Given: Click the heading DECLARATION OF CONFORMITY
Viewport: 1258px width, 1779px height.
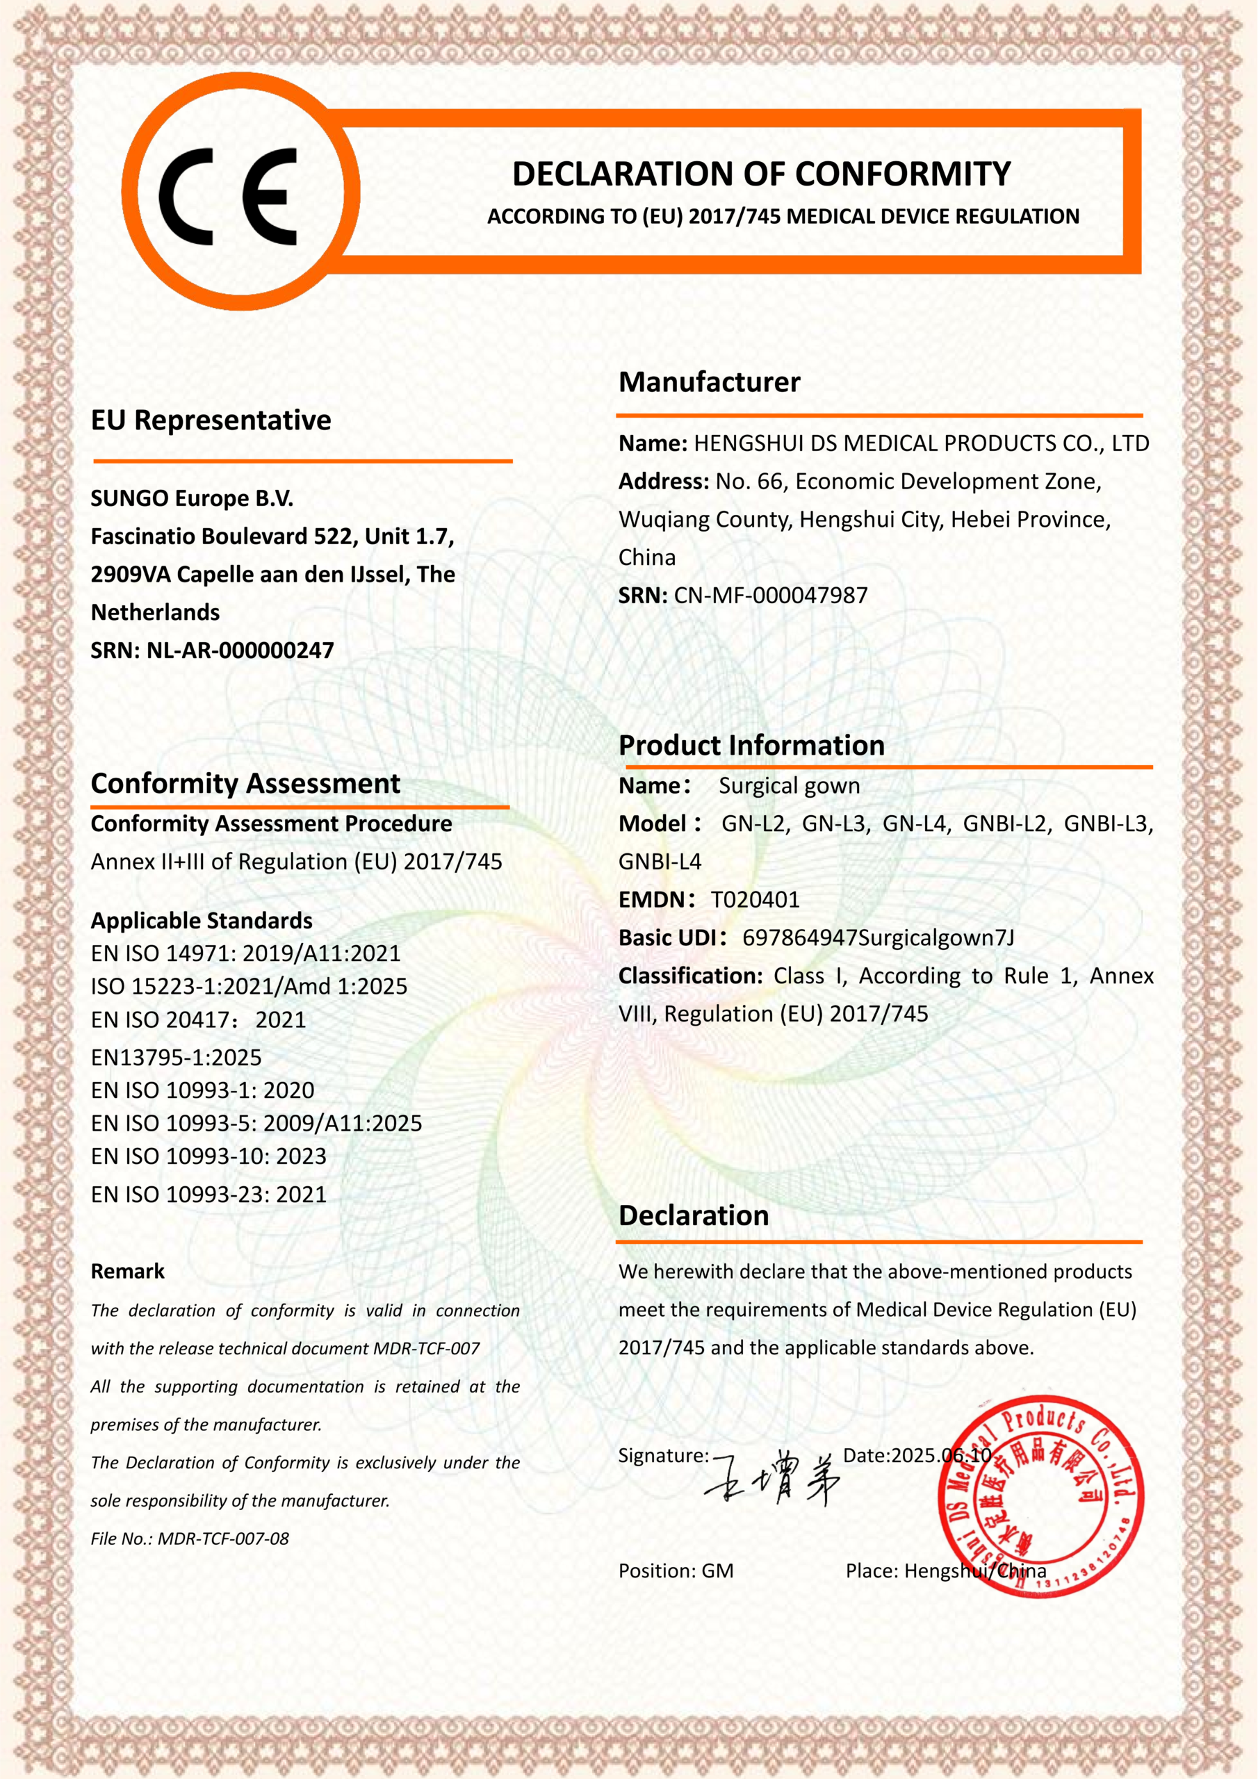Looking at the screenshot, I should [x=761, y=174].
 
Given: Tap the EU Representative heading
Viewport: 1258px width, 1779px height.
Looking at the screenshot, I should [x=211, y=420].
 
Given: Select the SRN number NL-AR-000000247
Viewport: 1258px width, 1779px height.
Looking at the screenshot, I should [x=240, y=650].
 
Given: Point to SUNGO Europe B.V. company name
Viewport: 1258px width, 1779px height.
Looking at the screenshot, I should [x=193, y=498].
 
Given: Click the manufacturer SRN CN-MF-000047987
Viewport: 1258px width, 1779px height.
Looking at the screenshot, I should [x=771, y=595].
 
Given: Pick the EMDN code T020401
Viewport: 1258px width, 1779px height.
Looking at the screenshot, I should [x=755, y=899].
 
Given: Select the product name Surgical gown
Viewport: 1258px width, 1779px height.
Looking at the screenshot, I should [x=789, y=786].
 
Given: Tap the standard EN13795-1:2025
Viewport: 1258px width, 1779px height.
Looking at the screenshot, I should [x=176, y=1057].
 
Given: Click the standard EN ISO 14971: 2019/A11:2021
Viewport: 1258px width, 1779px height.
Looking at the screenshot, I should [x=246, y=953].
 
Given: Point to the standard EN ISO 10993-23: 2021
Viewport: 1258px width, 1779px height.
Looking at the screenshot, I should [x=209, y=1194].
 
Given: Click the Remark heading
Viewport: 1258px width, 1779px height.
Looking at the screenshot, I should [x=128, y=1271].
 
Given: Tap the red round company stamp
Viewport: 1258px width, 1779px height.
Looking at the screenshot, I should [x=1040, y=1495].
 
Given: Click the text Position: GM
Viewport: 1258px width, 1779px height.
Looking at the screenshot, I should [x=676, y=1571].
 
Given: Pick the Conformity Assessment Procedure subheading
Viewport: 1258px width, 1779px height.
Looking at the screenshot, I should [x=271, y=823].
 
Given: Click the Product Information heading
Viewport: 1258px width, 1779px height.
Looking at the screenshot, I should [x=751, y=746].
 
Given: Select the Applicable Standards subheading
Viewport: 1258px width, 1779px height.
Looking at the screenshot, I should [x=202, y=921].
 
